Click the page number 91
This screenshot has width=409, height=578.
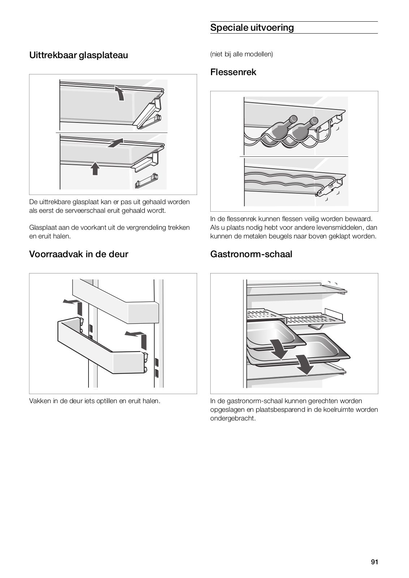[x=374, y=562]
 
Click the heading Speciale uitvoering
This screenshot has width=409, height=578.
[x=252, y=27]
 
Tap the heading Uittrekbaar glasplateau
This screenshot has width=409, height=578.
[x=78, y=55]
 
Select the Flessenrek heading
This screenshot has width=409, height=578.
[x=233, y=72]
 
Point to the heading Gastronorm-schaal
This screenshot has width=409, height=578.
[x=251, y=254]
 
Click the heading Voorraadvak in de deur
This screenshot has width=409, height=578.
[x=78, y=254]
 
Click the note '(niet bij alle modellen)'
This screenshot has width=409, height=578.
[x=241, y=54]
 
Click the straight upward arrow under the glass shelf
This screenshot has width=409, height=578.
[x=95, y=168]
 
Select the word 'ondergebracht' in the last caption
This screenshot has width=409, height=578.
[x=233, y=419]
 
